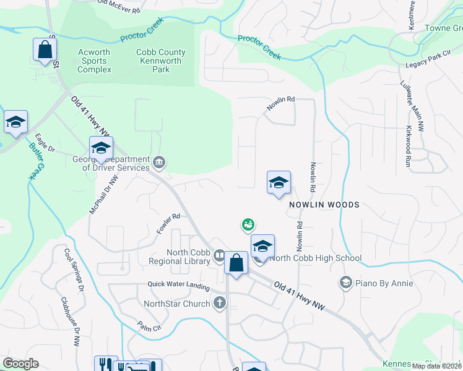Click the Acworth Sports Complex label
pyautogui.click(x=94, y=61)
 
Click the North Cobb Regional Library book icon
pyautogui.click(x=219, y=255)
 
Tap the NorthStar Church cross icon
pyautogui.click(x=219, y=303)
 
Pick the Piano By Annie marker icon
pyautogui.click(x=345, y=283)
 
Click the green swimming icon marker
pyautogui.click(x=248, y=224)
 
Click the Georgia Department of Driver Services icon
pyautogui.click(x=159, y=163)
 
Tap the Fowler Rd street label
pyautogui.click(x=168, y=223)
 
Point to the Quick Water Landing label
pyautogui.click(x=178, y=284)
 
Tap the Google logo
pyautogui.click(x=20, y=364)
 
